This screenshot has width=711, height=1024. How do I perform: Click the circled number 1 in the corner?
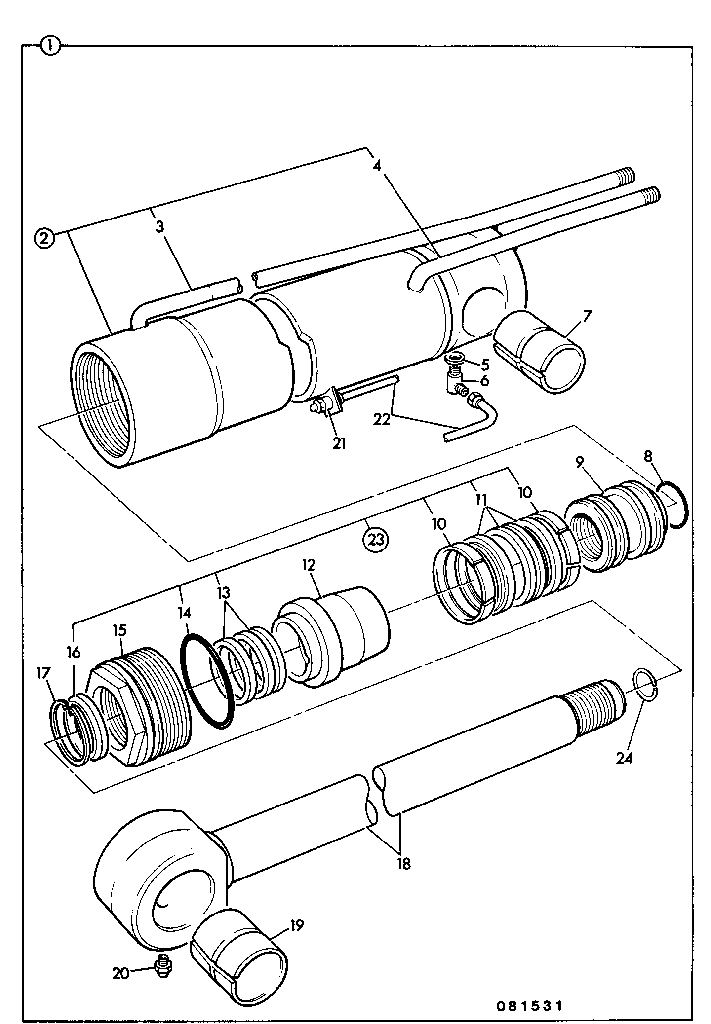[x=51, y=47]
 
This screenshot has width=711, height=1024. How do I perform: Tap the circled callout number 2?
[x=45, y=239]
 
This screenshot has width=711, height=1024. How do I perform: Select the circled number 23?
[x=376, y=540]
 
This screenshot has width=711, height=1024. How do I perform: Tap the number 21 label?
[x=339, y=443]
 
